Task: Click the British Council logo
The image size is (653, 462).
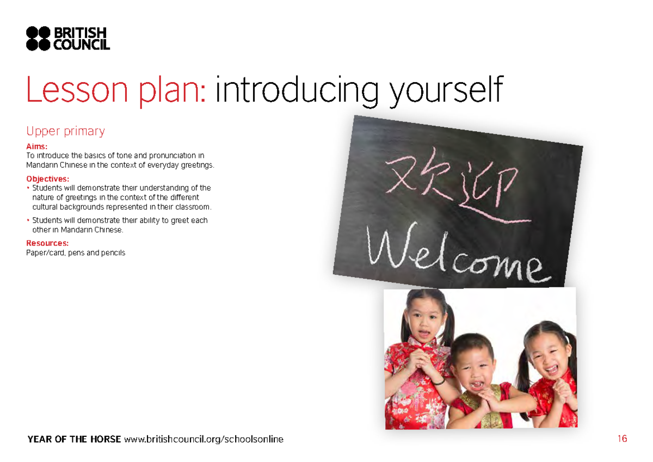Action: (x=68, y=38)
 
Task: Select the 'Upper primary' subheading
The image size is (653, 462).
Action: (x=65, y=131)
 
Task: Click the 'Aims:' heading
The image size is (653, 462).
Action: (x=37, y=146)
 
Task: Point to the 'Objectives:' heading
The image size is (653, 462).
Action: (x=48, y=179)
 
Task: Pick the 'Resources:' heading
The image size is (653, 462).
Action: (x=47, y=243)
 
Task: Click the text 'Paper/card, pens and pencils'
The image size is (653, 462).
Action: (x=76, y=252)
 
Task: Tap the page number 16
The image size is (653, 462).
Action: (x=623, y=439)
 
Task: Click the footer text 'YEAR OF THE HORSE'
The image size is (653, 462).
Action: (x=74, y=439)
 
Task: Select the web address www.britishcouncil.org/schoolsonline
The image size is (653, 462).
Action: (x=204, y=439)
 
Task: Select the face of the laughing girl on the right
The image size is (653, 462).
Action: (x=547, y=357)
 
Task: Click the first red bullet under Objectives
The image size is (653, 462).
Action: (x=28, y=188)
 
